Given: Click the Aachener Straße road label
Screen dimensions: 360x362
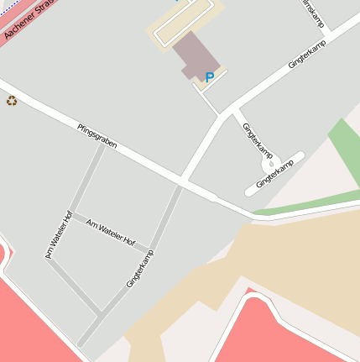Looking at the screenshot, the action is tap(23, 20).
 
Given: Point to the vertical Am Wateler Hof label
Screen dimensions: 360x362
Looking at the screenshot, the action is tap(56, 234).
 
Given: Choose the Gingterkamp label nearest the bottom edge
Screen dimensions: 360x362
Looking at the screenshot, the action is tap(141, 269).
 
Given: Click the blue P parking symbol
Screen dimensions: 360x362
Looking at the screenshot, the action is tap(210, 78).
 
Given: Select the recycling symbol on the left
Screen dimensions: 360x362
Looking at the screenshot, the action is tap(12, 101).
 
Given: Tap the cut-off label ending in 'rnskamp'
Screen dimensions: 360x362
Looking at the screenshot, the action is tap(313, 12).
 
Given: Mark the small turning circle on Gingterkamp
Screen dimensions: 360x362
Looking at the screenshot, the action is tap(267, 166).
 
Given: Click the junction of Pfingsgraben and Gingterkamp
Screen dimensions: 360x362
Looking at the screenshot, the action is tap(182, 181).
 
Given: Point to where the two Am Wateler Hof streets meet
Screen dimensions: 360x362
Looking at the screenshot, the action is tap(69, 215).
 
